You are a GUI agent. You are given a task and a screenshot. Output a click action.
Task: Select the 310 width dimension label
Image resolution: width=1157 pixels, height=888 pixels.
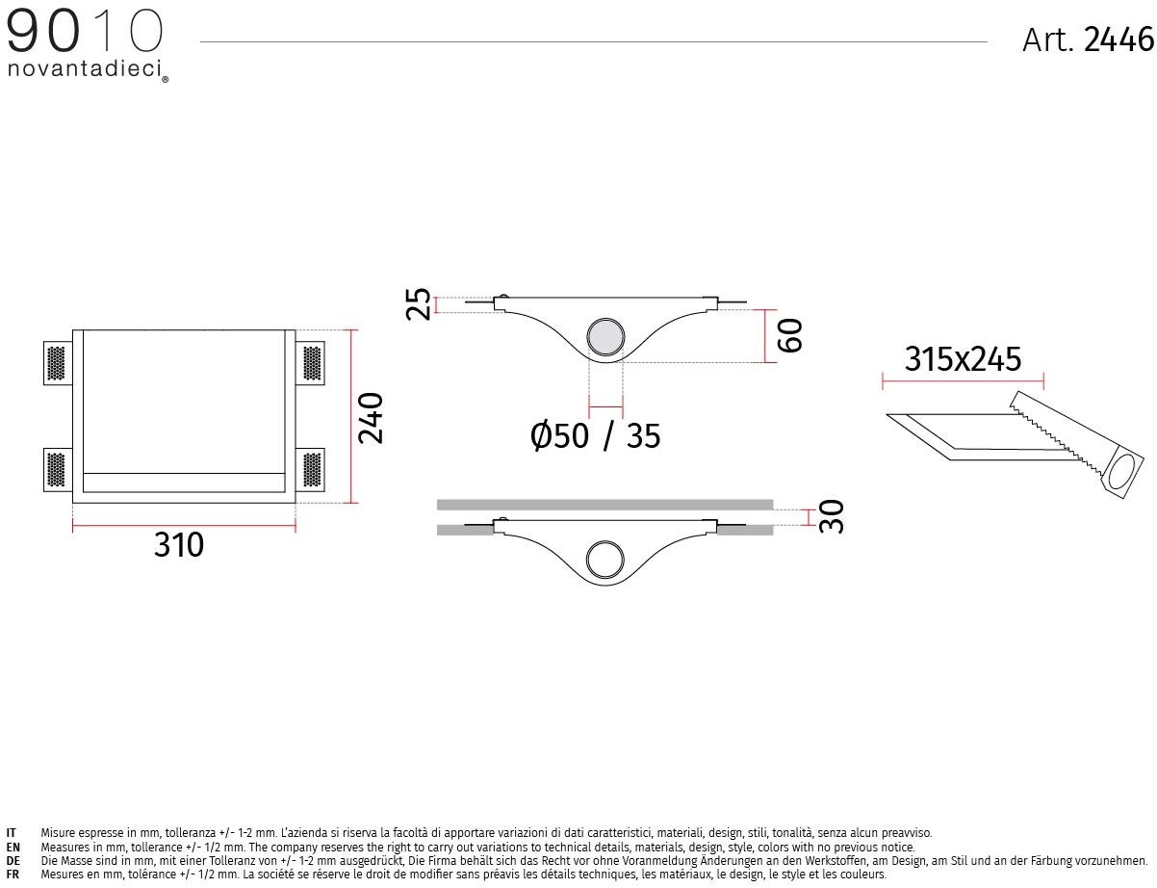[179, 545]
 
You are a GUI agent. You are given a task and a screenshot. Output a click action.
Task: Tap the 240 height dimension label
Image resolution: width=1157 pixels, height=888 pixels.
[371, 417]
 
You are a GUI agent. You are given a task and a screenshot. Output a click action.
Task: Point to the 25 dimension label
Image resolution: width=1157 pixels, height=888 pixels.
[419, 305]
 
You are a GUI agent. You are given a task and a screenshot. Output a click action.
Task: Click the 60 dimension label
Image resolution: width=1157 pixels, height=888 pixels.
[789, 335]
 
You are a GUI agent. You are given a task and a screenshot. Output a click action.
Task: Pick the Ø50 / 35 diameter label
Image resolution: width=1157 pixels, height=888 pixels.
[596, 436]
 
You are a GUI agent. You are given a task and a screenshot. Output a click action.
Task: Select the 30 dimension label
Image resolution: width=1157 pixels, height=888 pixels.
[831, 516]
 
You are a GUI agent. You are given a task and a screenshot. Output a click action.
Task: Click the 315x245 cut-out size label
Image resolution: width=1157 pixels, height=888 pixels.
[963, 359]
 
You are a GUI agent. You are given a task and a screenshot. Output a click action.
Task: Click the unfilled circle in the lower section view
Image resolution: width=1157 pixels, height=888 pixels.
[605, 559]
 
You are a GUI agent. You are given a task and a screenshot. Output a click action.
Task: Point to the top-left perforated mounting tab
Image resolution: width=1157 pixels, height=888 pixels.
[57, 362]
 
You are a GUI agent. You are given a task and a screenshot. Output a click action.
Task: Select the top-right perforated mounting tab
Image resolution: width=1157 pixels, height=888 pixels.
[311, 362]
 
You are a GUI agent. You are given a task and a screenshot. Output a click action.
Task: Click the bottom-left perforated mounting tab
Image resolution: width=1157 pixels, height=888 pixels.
[57, 469]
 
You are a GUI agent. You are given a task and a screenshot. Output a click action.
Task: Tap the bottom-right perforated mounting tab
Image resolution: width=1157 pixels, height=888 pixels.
[311, 469]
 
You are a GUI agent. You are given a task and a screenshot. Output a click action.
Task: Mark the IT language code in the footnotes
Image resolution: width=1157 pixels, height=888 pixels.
[12, 832]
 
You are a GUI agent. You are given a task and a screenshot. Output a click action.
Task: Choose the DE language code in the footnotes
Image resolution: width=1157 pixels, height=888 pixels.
[13, 860]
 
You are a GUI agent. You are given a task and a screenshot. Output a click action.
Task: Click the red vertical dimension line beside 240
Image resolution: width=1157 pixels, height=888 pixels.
[353, 416]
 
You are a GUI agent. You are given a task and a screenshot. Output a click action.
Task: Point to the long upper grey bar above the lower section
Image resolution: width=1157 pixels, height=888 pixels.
[604, 504]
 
